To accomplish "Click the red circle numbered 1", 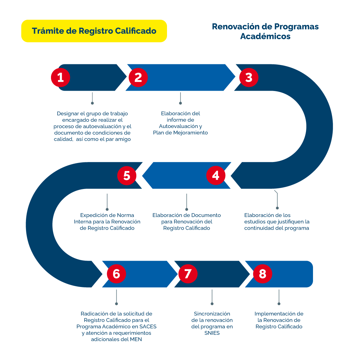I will coord(60,77).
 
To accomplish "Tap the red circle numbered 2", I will coord(138,77).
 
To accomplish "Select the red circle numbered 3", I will coord(249,77).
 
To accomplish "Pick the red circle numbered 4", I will coord(216,175).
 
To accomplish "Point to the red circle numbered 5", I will coord(127,175).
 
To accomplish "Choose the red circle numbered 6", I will coord(116,274).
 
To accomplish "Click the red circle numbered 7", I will coord(188,274).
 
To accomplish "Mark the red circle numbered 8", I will coord(262,274).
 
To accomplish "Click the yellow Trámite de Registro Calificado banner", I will coord(94,31).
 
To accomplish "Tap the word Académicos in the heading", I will coord(265,36).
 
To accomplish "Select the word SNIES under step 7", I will coord(212,333).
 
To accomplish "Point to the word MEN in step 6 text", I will coord(136,339).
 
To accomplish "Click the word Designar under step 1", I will coord(67,113).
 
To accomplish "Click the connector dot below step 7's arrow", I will coord(212,304).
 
